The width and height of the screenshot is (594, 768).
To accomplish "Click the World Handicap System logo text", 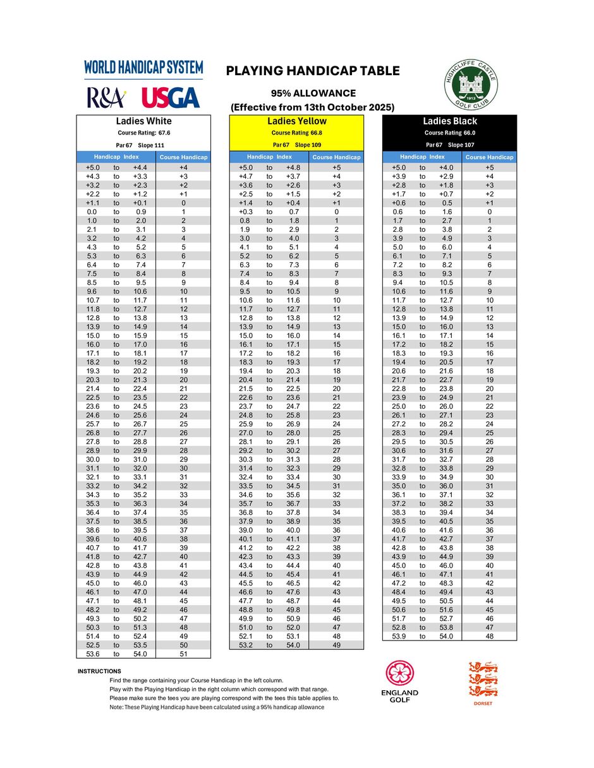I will pos(143,68).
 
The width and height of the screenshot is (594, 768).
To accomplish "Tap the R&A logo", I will pos(106,98).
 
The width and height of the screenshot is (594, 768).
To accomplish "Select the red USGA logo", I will pos(171,98).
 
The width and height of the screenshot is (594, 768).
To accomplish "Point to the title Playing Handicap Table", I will pos(313,71).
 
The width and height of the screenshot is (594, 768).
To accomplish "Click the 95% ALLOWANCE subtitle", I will pos(313,93).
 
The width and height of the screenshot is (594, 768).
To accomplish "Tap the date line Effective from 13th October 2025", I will pos(313,107).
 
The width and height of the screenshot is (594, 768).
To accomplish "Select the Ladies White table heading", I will pos(143,121).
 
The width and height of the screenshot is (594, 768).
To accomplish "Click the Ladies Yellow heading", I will pos(296,121).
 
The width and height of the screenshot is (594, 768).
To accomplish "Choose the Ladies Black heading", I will pos(450,121).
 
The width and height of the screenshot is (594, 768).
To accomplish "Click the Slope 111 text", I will pos(151,145).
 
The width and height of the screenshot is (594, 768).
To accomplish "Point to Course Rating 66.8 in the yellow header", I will pos(296,133).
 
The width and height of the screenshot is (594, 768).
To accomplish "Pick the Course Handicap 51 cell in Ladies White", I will pos(183,654).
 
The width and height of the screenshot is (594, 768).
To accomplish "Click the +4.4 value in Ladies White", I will pos(140,167).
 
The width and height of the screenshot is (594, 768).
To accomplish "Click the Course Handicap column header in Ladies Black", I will pos(489,157).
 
